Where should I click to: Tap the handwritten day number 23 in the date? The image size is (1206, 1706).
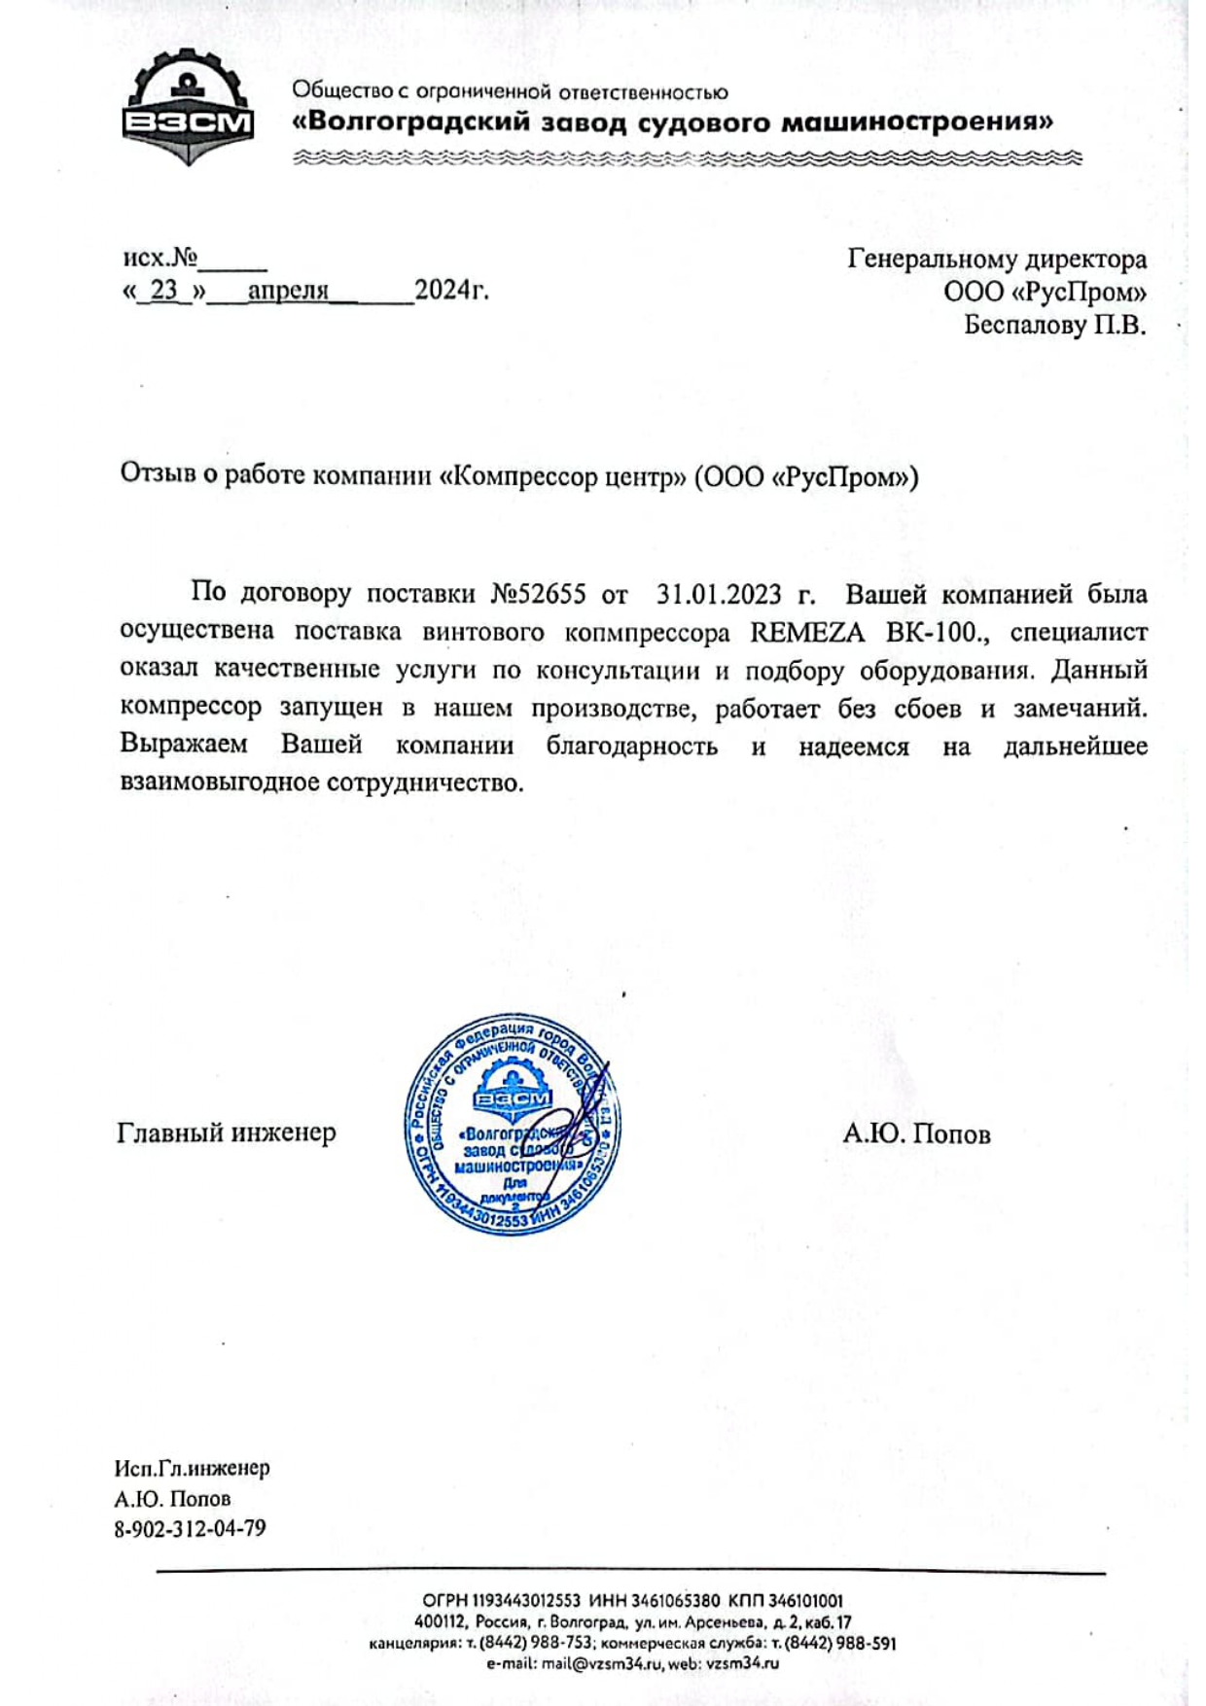point(163,290)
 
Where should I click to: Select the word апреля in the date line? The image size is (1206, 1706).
point(288,290)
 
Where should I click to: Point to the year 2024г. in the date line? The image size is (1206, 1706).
point(451,290)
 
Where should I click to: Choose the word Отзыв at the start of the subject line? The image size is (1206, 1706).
point(160,474)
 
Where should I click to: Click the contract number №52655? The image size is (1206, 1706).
point(538,593)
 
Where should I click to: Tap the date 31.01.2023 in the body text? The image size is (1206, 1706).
point(719,593)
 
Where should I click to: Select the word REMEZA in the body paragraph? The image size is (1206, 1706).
point(807,632)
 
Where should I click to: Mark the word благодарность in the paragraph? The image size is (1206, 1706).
point(631,746)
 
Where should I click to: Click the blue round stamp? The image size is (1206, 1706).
point(512,1124)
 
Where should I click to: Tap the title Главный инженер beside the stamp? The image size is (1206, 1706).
point(226,1132)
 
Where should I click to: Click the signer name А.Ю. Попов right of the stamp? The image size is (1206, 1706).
point(916,1133)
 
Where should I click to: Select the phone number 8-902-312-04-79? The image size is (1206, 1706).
point(190,1528)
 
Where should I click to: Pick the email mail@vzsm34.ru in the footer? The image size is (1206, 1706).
point(603,1663)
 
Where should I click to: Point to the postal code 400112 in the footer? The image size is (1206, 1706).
point(441,1621)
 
